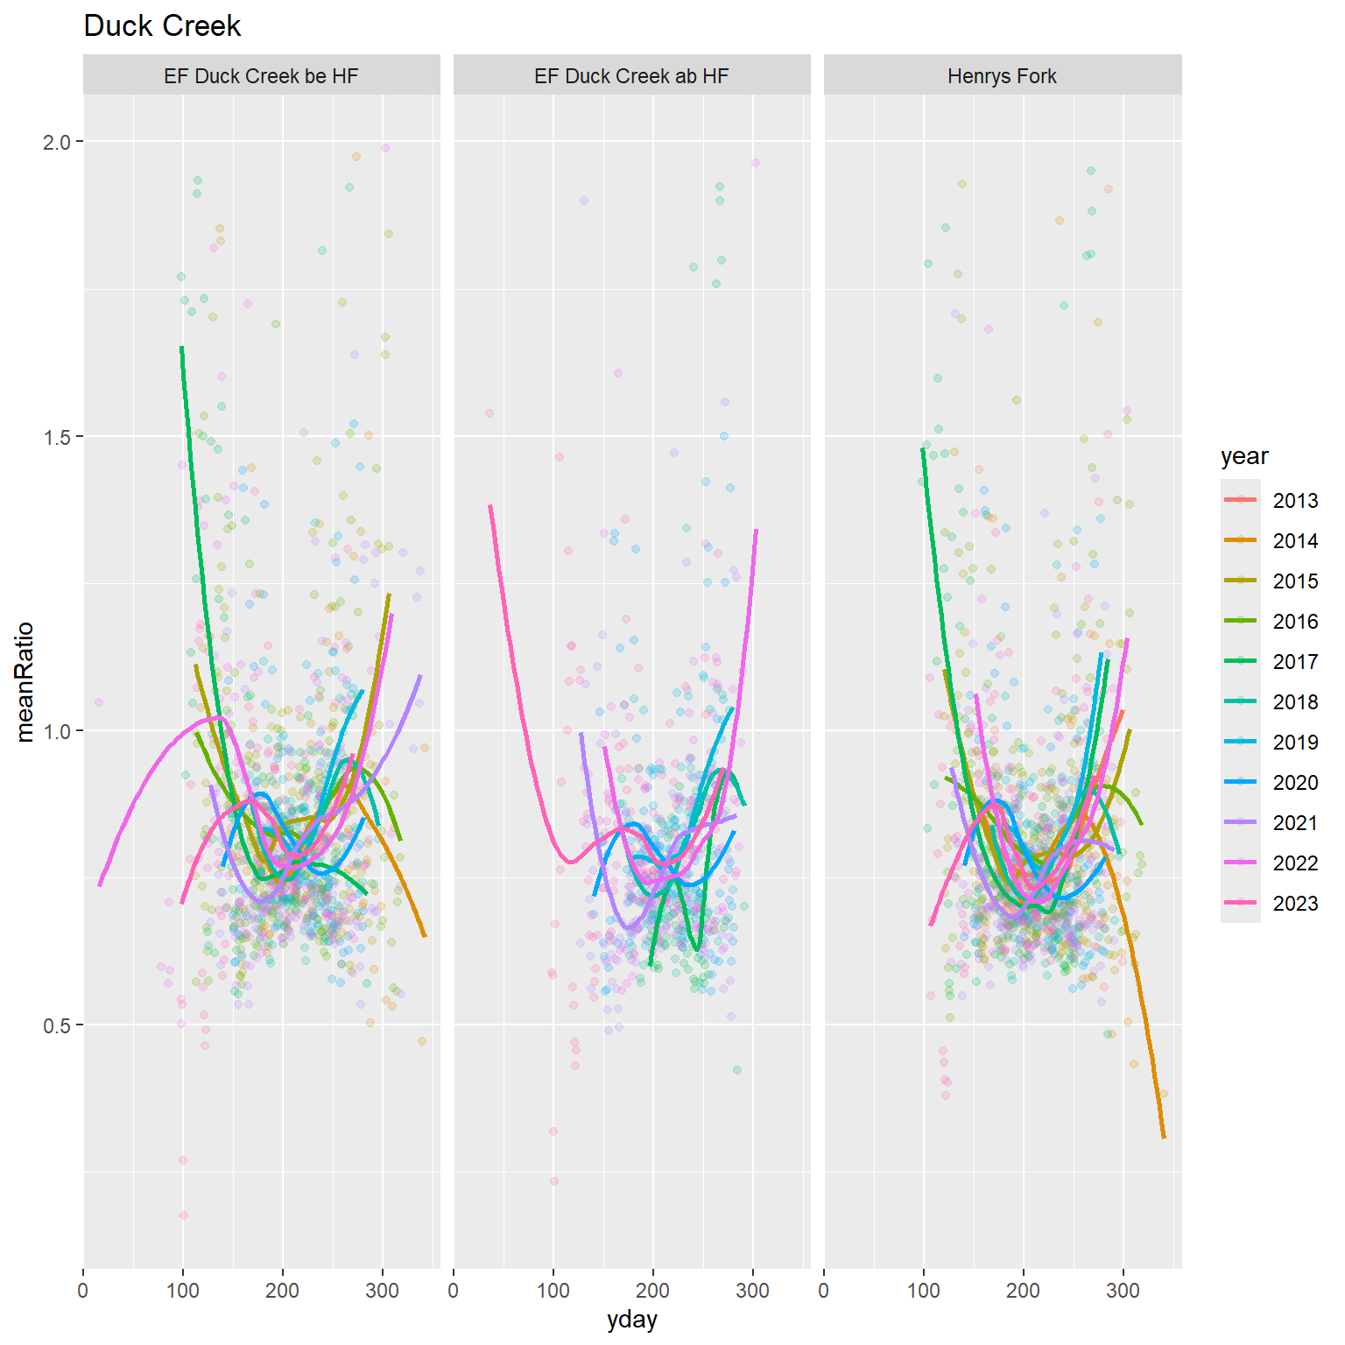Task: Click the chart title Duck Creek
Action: [x=162, y=26]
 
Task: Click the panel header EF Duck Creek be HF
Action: [x=261, y=76]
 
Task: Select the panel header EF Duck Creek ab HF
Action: [x=631, y=76]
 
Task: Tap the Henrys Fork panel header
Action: [x=1002, y=76]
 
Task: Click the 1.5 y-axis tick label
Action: [x=58, y=437]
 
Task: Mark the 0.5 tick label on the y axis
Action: [x=58, y=1025]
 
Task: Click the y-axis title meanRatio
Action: [x=25, y=681]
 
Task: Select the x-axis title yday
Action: [x=631, y=1320]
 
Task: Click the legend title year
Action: [x=1243, y=456]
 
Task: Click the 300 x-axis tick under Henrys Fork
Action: [x=1123, y=1290]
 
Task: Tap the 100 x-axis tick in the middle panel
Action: [x=553, y=1290]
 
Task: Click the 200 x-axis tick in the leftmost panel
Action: [x=282, y=1290]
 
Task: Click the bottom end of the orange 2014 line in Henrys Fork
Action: [x=1164, y=1137]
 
